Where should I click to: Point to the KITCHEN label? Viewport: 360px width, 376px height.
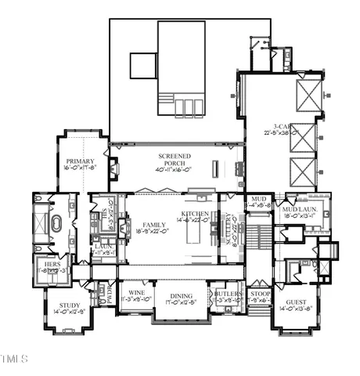pos(195,214)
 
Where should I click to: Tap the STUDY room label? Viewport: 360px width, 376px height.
pos(67,305)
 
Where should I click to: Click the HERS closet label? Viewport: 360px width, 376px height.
pos(52,265)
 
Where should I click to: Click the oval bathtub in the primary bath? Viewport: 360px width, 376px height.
pos(56,226)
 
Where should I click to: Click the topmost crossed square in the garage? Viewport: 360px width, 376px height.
pos(304,97)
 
